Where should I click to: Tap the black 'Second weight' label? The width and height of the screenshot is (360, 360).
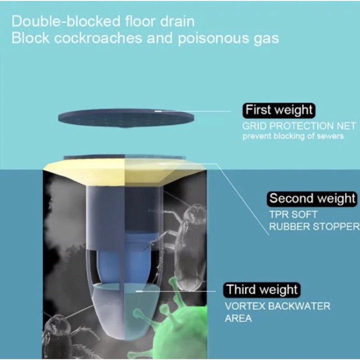312,198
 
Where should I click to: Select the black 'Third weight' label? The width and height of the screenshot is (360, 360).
262,289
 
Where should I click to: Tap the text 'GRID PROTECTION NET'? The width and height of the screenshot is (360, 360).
293,126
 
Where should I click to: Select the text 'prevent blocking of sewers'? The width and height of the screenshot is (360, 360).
293,136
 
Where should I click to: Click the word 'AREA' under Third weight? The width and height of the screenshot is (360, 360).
238,319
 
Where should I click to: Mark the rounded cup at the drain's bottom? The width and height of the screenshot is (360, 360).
121,310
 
